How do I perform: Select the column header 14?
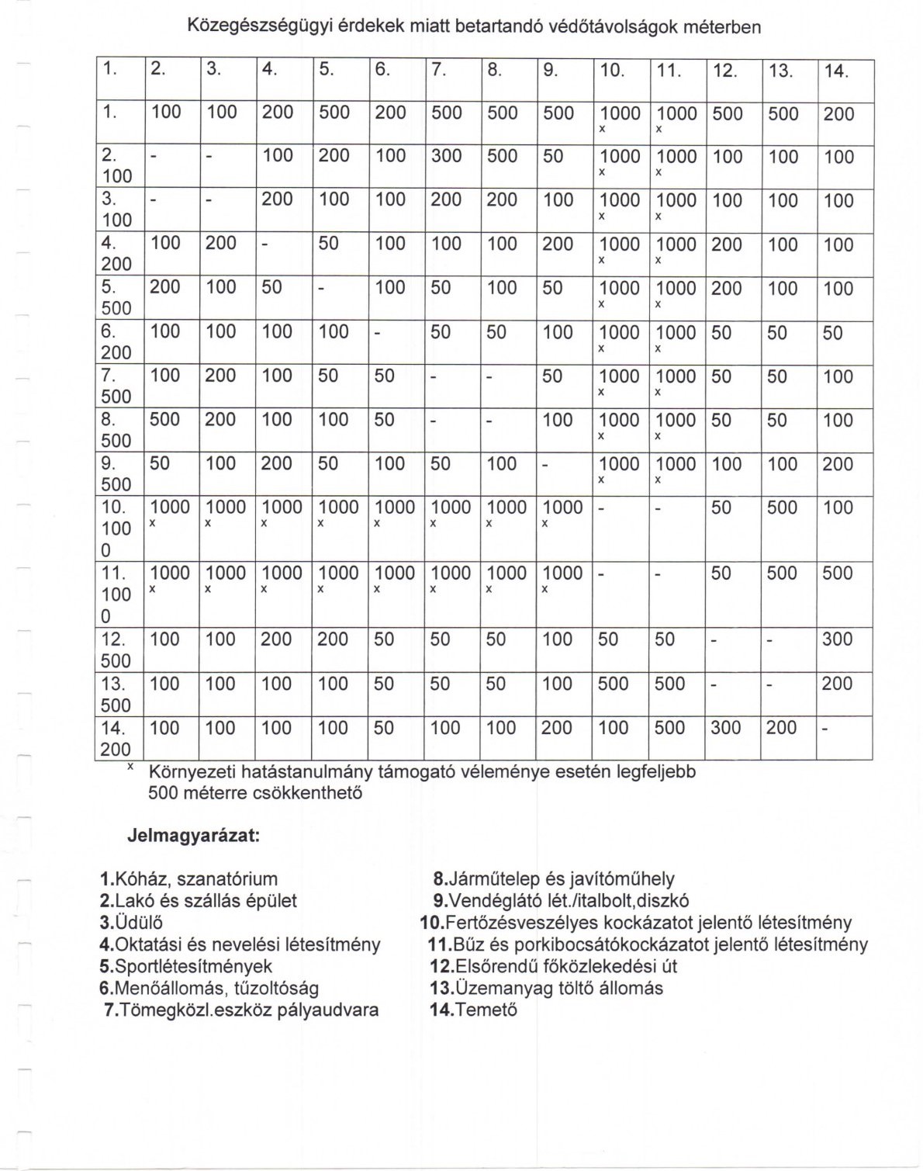pos(837,71)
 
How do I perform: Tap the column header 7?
pos(439,70)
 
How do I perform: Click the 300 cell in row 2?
pos(447,157)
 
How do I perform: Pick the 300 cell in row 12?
pos(838,639)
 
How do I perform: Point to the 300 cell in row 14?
pos(726,728)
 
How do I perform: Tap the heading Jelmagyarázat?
pos(192,838)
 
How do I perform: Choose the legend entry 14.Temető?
pos(473,1010)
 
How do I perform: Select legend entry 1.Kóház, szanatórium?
pos(189,880)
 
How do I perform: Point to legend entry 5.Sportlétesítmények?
pos(186,967)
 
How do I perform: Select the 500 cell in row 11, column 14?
pos(838,573)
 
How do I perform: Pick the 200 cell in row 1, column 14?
pos(838,114)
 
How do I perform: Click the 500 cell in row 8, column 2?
pos(164,420)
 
